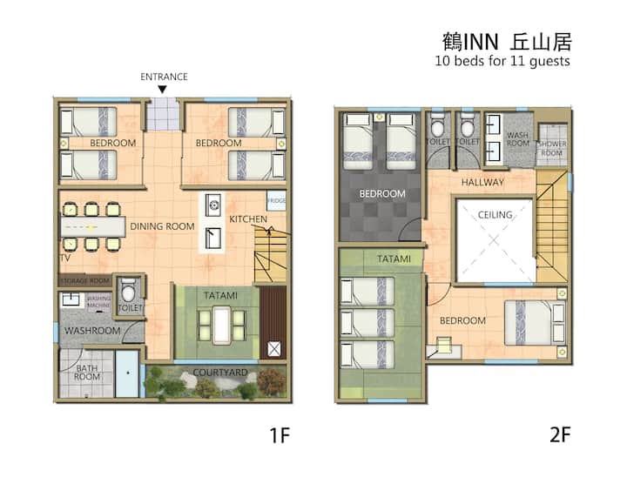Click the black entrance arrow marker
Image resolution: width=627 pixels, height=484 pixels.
pos(162,90)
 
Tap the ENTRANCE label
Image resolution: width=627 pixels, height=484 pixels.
pos(164,77)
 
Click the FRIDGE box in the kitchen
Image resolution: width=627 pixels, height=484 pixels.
pos(277,201)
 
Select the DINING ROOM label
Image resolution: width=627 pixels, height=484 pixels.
pos(162,226)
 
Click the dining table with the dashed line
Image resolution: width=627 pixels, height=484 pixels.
pos(93,227)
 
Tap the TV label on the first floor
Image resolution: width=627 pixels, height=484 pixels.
pos(65,258)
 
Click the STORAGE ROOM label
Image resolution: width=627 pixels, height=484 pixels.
pos(85,281)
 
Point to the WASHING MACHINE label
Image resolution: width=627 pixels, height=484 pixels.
pos(98,301)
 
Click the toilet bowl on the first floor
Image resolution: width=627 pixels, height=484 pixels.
pos(128,292)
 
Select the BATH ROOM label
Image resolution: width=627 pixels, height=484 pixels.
pos(87,372)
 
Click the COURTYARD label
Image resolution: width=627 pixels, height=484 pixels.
pos(220,373)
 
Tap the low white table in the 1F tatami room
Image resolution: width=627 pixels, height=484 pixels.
pos(221,325)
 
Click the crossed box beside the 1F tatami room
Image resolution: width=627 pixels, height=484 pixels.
pos(274,349)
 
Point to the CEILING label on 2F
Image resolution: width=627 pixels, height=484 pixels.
pos(495,215)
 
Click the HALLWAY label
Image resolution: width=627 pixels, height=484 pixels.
pos(482,182)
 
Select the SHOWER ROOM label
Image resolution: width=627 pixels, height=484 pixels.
pos(551,148)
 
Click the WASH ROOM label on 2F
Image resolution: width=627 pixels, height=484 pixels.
pos(518,139)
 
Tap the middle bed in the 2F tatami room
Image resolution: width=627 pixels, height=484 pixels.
pos(367,323)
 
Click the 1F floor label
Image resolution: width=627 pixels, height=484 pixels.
pos(280,435)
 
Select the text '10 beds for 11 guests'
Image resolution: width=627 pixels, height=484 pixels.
pos(502,61)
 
